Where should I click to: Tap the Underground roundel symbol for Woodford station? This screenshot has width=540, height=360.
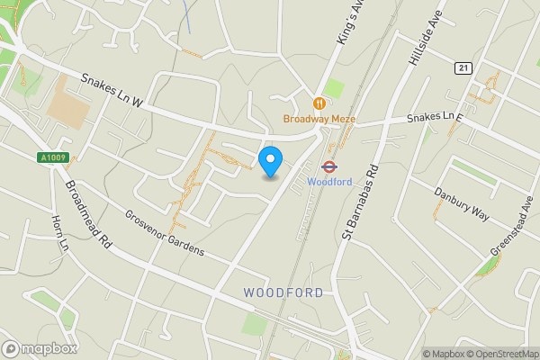pos(328,166)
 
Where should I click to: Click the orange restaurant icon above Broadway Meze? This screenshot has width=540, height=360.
pos(319,103)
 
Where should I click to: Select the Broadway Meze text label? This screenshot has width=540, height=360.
pos(319,119)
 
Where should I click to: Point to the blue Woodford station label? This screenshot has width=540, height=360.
pos(328,180)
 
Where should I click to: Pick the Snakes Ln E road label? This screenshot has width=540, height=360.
pos(434,117)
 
